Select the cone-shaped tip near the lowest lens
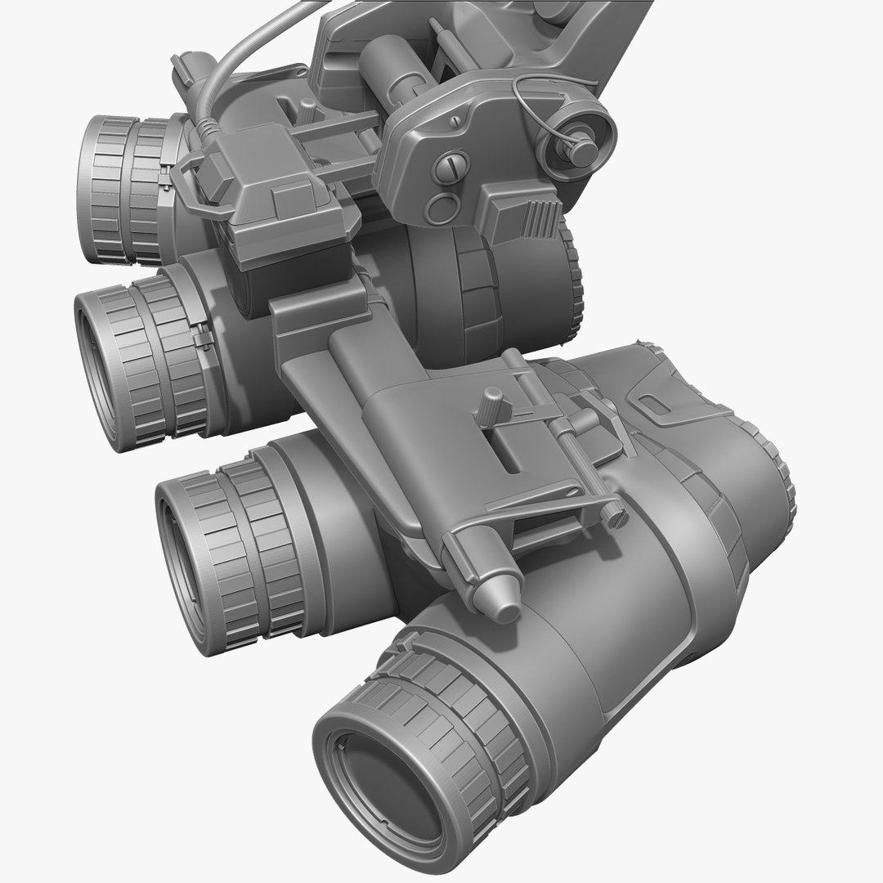500,592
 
